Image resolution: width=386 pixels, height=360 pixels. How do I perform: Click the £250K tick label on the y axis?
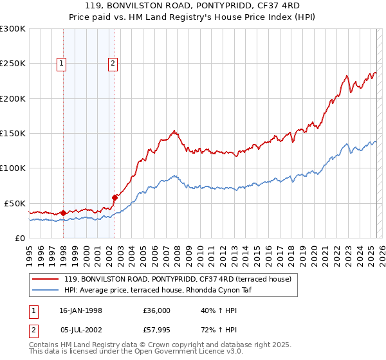[x=13, y=64]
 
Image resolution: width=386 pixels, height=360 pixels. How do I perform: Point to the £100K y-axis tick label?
[x=13, y=168]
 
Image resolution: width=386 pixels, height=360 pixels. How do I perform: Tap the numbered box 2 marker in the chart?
[x=113, y=63]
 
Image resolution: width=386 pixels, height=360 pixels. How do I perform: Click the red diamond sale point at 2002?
[x=115, y=197]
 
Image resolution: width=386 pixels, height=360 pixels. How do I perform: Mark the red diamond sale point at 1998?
[x=64, y=213]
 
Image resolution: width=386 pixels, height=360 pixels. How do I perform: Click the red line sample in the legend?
[x=45, y=279]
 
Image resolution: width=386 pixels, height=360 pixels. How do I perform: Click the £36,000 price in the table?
[x=157, y=310]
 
